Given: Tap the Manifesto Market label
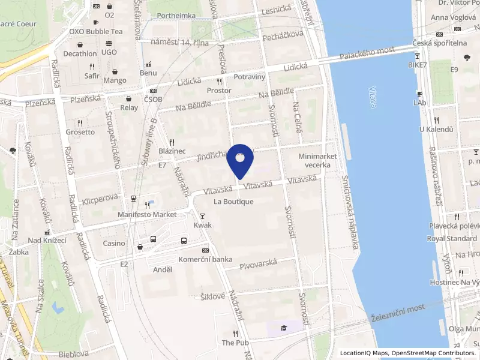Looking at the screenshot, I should point(147,214).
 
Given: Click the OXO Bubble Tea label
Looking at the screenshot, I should point(95,31).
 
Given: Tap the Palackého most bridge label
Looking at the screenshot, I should point(367,53).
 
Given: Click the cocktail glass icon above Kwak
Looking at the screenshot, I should point(203,216).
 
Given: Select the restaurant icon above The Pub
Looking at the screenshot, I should point(235,334).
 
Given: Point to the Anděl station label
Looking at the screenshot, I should point(163,269).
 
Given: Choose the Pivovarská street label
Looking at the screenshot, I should point(258,264).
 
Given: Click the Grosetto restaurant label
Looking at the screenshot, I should point(80,131).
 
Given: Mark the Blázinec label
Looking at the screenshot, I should point(172,152).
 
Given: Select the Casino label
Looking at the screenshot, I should point(114,243).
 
